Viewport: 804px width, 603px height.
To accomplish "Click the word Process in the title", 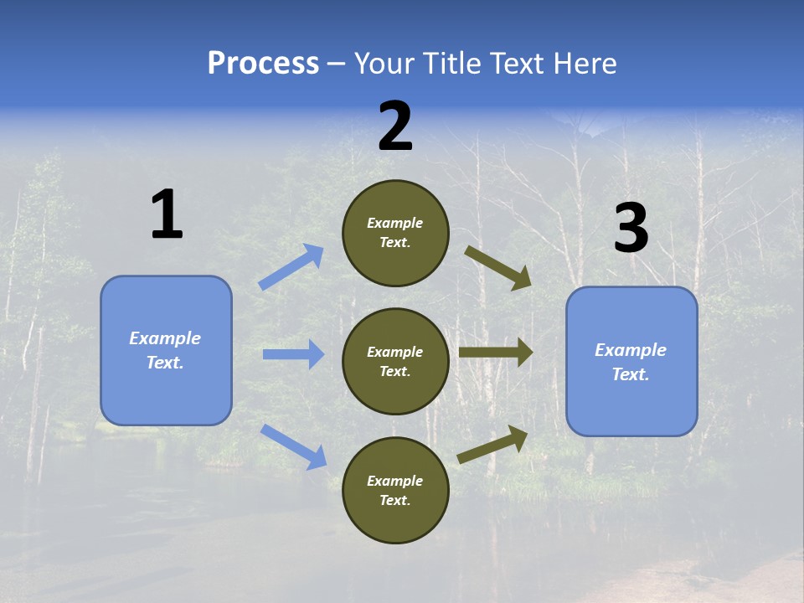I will (x=263, y=64).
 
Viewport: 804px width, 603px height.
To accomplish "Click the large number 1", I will (x=167, y=214).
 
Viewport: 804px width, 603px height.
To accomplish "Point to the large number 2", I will (x=395, y=126).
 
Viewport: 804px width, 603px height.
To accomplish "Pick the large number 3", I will (x=631, y=228).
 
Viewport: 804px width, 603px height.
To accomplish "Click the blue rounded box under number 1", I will (x=166, y=350).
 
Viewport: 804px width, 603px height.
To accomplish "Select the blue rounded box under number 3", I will (x=631, y=362).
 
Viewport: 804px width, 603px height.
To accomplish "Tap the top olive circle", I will (x=395, y=233).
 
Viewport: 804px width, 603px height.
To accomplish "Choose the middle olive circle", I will (x=395, y=361).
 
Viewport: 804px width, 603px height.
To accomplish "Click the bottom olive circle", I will (x=395, y=490).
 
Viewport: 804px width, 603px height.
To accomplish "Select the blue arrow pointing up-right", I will (x=291, y=267).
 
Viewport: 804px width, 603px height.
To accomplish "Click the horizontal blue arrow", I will (x=293, y=354).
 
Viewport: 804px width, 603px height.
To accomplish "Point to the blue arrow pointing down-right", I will (x=293, y=446).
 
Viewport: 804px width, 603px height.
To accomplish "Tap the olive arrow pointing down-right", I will (x=498, y=268).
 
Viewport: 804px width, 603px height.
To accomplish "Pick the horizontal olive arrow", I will (x=496, y=353).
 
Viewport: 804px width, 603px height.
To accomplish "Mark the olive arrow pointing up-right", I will (x=493, y=445).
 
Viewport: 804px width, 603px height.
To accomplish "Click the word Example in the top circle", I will (x=395, y=224).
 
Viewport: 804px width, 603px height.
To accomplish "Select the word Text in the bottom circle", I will (x=394, y=500).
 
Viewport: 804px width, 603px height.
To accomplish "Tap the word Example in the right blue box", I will (x=631, y=350).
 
